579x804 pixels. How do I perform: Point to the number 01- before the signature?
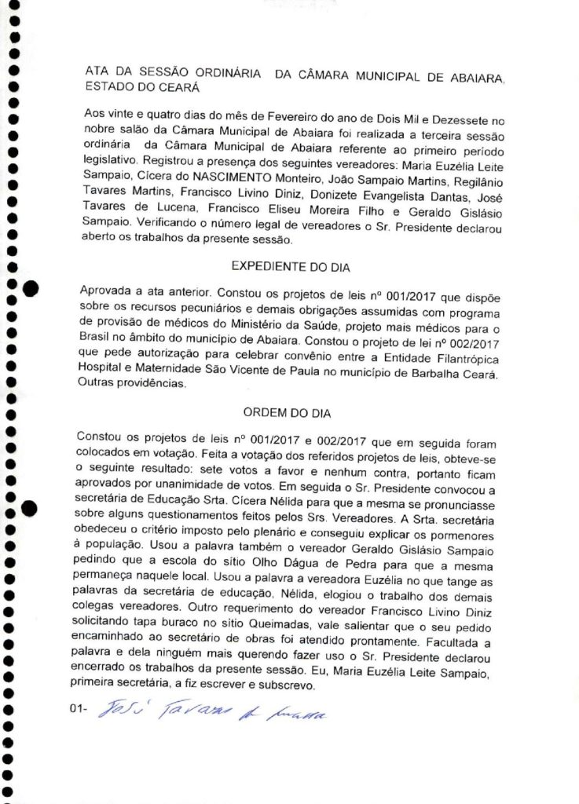(x=78, y=711)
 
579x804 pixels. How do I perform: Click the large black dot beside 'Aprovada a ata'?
(x=30, y=290)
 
